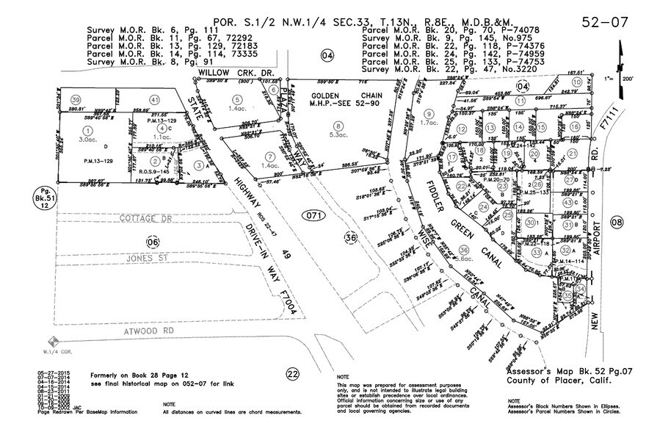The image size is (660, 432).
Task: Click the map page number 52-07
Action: [603, 21]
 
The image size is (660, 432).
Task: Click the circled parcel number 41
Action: [154, 99]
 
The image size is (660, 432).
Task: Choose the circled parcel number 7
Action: [271, 156]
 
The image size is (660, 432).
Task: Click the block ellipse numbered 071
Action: [313, 214]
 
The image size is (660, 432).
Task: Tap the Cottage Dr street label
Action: [147, 219]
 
